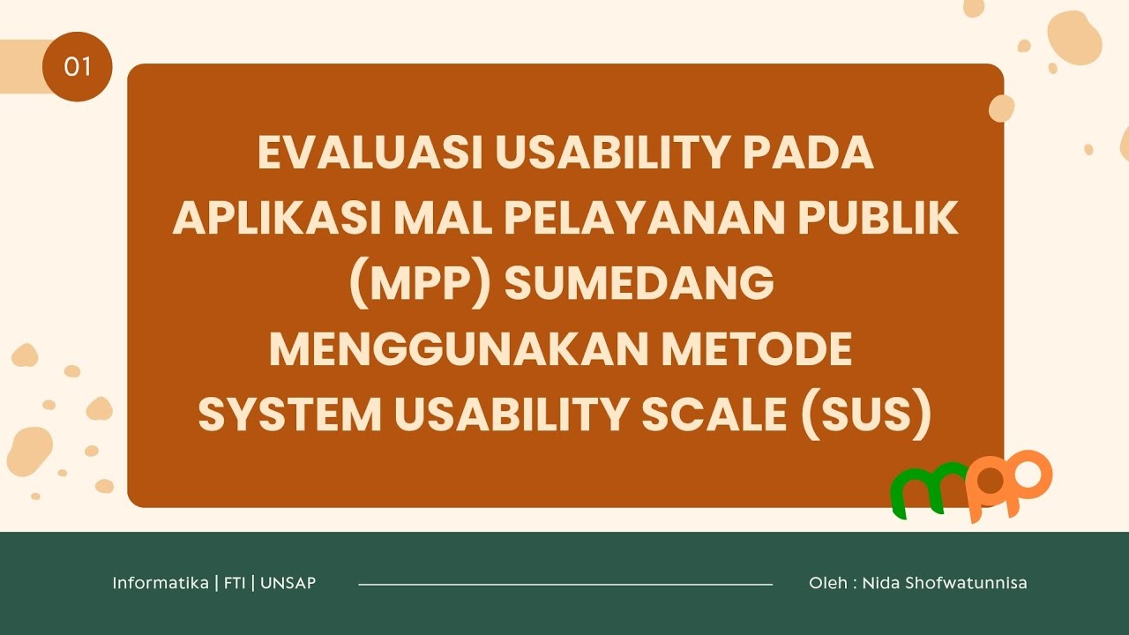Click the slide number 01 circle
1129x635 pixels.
click(x=77, y=66)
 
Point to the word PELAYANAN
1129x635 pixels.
click(x=650, y=219)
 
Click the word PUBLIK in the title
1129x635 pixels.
click(x=883, y=219)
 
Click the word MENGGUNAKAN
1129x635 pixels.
click(x=459, y=350)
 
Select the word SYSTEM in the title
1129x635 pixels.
click(x=288, y=415)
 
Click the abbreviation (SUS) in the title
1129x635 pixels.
click(x=865, y=415)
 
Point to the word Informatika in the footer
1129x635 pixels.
click(x=160, y=583)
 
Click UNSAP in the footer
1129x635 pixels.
click(x=288, y=583)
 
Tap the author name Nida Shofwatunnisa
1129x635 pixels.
click(x=944, y=583)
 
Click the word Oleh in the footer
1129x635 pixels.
click(x=827, y=583)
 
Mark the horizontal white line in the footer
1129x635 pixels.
click(x=564, y=584)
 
